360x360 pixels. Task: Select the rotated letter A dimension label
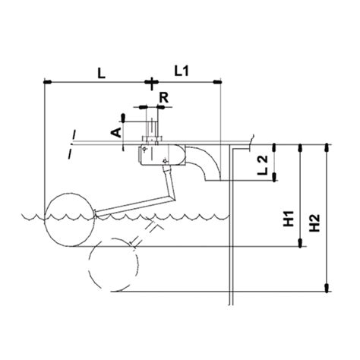(115, 131)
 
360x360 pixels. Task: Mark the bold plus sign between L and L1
(152, 81)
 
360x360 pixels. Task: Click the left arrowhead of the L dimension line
(47, 81)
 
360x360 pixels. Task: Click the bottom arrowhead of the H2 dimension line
(327, 288)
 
